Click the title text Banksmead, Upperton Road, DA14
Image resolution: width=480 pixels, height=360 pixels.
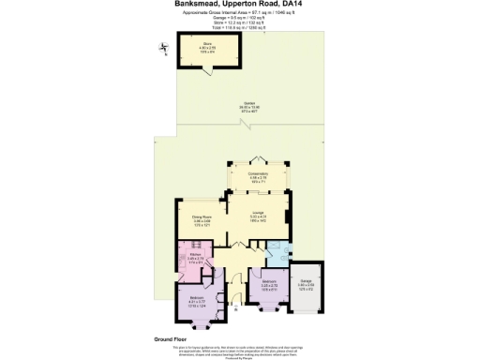239,4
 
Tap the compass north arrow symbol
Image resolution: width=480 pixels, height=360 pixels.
164,49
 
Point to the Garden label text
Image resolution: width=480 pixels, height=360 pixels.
249,105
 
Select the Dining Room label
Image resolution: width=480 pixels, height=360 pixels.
188,220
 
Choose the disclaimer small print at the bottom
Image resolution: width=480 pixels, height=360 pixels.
239,349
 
